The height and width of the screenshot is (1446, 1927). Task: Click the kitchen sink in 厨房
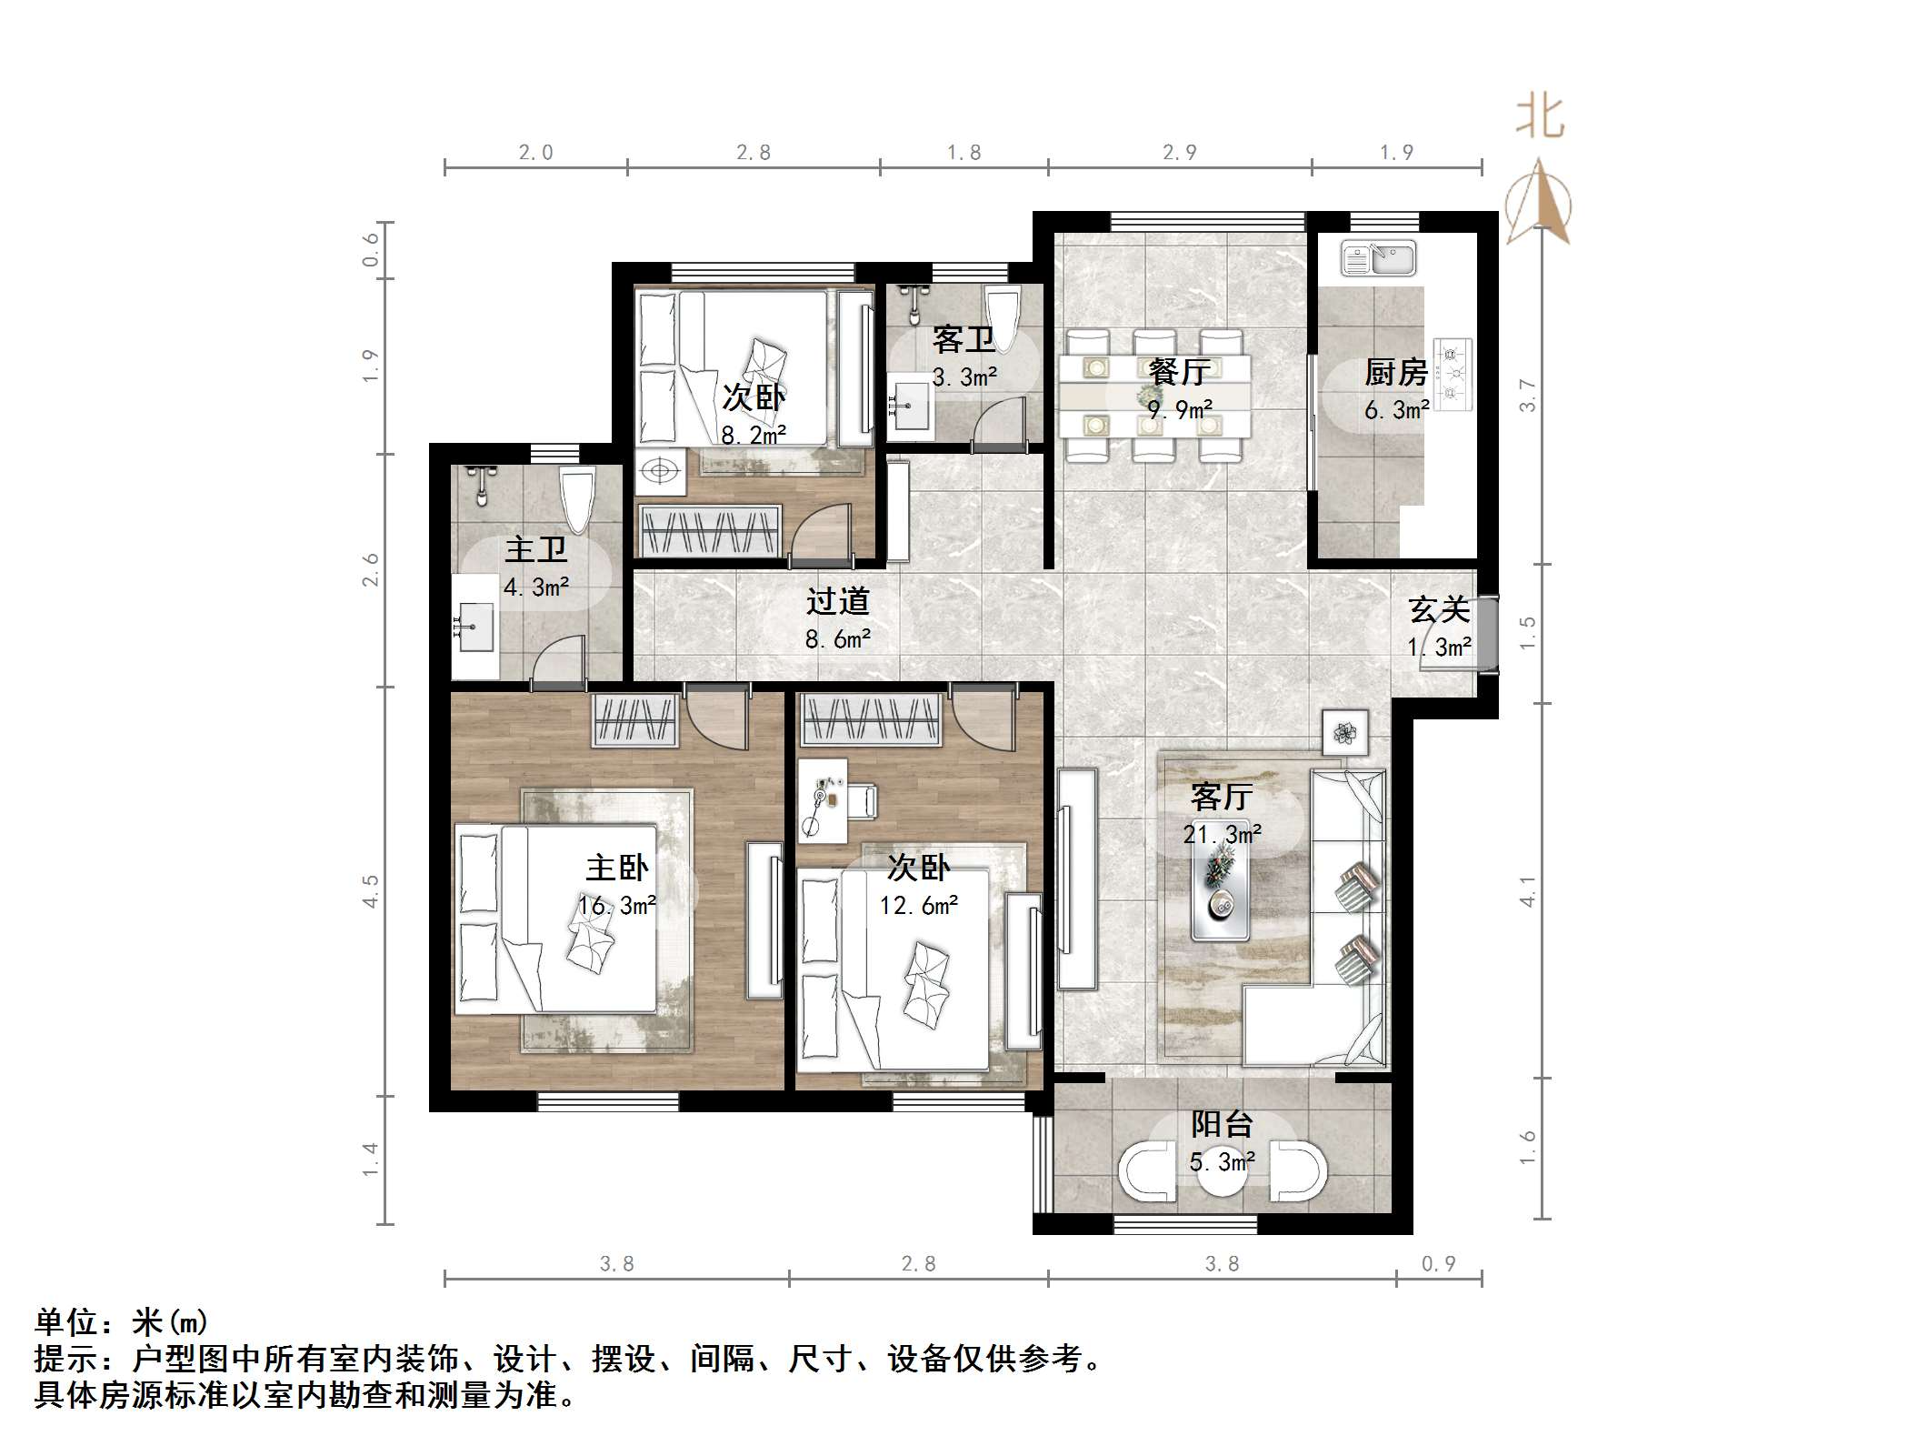point(1378,257)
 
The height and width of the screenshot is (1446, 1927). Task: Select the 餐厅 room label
point(1179,371)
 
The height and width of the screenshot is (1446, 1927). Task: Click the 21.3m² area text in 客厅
point(1222,834)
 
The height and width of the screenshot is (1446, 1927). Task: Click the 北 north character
point(1540,117)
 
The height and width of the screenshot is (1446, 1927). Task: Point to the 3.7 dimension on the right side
point(1528,395)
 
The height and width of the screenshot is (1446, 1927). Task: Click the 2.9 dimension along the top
point(1180,153)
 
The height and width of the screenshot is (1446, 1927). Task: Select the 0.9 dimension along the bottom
point(1438,1264)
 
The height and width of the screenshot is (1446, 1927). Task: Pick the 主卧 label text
point(616,868)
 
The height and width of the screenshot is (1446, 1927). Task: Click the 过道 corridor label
point(837,601)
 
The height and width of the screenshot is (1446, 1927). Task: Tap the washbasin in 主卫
point(474,627)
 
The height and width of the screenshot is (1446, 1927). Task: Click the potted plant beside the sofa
point(1344,732)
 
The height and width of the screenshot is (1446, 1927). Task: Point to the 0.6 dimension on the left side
point(371,249)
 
